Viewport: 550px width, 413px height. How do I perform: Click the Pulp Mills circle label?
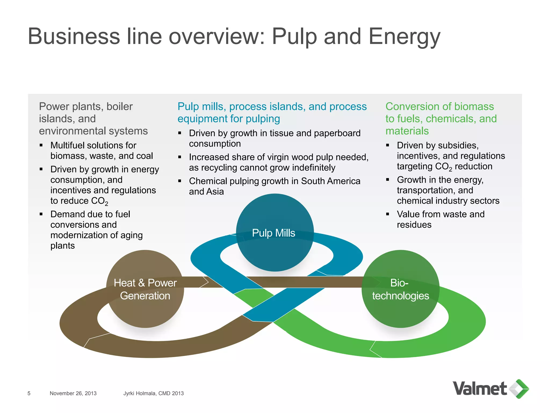[273, 233]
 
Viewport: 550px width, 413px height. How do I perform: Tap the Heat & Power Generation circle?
[145, 289]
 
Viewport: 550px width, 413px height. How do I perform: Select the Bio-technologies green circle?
[400, 289]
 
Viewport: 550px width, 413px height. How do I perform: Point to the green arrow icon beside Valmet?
[519, 389]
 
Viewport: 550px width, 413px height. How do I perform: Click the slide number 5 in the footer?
[29, 393]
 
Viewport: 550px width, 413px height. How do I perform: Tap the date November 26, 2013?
[73, 393]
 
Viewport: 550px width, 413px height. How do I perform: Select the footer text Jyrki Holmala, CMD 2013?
[153, 393]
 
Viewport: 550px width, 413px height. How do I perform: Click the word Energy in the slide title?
[404, 37]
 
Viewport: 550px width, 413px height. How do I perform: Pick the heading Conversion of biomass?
[440, 106]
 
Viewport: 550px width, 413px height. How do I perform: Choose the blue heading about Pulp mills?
[272, 112]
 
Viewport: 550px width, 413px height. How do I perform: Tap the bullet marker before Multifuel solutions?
[41, 145]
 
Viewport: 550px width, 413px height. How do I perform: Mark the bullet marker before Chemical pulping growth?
[180, 181]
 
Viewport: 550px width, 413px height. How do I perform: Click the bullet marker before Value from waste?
[388, 214]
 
